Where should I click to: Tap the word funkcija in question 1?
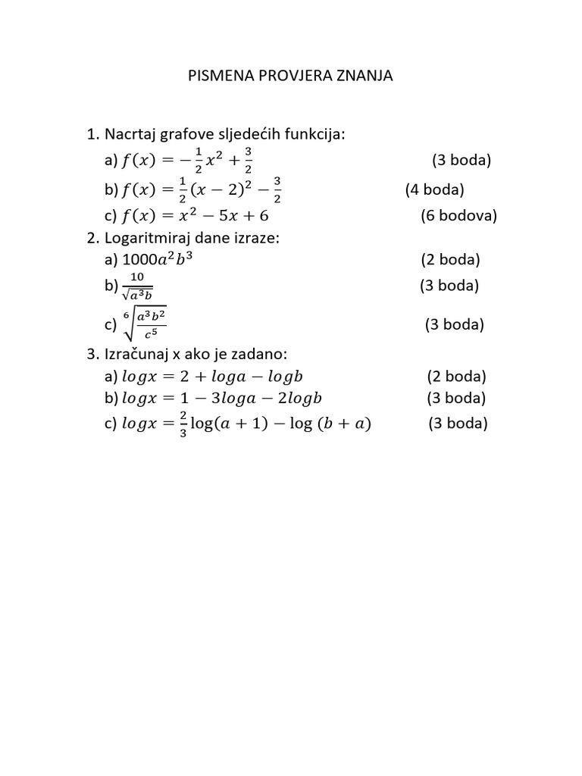pos(315,135)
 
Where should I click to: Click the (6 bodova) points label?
pos(458,216)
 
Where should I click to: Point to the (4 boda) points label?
pos(434,189)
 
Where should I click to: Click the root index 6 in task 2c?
pos(127,314)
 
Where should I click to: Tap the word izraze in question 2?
pos(259,238)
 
